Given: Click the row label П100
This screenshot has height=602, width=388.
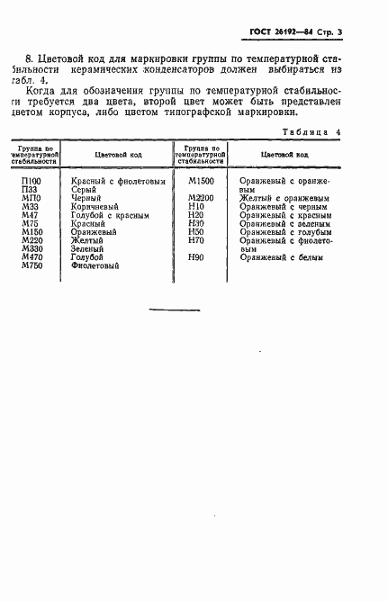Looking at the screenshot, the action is coord(31,181).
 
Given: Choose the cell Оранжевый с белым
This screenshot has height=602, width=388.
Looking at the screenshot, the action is coord(278,258).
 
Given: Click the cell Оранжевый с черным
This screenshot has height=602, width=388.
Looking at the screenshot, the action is coord(282,207).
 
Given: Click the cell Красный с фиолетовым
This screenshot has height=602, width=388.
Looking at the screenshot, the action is coord(119,181).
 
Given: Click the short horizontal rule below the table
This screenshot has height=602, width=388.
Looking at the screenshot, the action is coord(174,310).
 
